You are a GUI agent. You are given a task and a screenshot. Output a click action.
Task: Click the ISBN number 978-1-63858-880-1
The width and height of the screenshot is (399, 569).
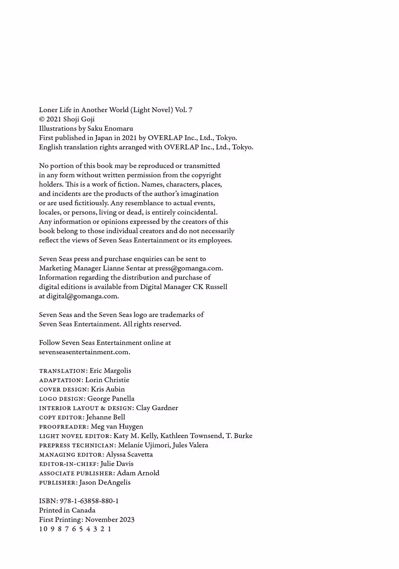coord(89,501)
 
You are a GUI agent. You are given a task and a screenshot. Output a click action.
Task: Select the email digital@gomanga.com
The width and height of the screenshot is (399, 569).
coord(82,296)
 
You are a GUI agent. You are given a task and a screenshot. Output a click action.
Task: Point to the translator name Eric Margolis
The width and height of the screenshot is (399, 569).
coord(110,371)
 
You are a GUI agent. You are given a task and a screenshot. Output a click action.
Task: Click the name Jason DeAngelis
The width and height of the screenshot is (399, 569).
coord(105,483)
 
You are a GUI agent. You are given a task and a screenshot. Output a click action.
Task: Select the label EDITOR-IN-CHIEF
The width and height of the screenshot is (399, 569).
coord(68,464)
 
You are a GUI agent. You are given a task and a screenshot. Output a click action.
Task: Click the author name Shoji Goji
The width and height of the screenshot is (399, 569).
coord(79,119)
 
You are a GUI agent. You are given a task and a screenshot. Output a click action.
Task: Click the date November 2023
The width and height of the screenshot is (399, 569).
coord(110,519)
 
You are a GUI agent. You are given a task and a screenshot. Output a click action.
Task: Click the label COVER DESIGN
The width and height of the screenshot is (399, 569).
coord(64,389)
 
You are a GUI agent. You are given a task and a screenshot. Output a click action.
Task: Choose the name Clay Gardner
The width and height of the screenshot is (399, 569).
coord(157,408)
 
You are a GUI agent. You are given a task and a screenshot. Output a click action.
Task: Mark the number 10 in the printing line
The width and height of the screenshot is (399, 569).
coord(43,529)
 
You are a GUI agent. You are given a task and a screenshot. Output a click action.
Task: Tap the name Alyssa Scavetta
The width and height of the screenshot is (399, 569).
coord(129,454)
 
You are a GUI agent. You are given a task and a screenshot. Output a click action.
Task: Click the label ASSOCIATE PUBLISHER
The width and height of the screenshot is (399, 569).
coord(76,473)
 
